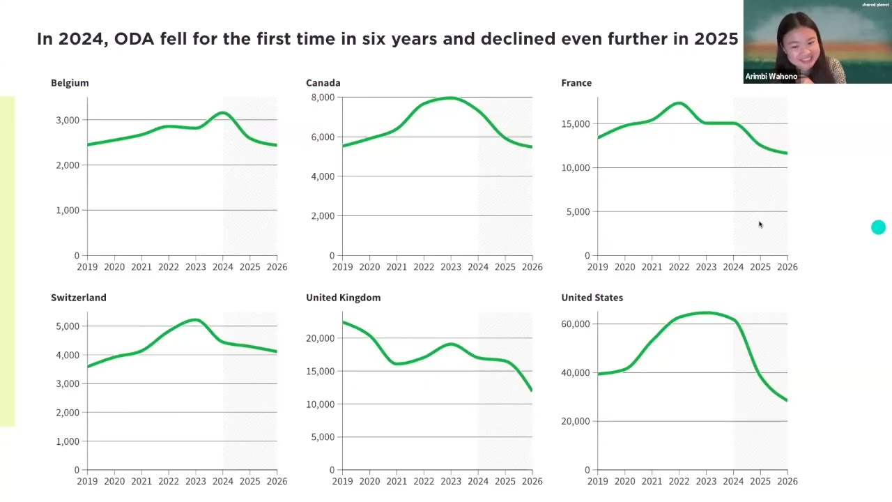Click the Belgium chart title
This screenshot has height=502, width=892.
click(x=70, y=83)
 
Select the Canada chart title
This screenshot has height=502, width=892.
click(x=323, y=83)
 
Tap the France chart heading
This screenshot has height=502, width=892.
click(x=576, y=83)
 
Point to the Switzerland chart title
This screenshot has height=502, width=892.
click(x=79, y=298)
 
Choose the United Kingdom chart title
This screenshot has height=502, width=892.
click(x=344, y=298)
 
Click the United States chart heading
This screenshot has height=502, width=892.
click(x=592, y=298)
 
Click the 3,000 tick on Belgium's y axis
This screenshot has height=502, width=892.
click(x=68, y=120)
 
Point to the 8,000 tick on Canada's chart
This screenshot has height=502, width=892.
click(x=323, y=97)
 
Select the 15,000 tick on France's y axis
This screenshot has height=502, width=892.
click(x=576, y=124)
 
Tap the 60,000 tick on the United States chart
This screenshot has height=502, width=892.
click(x=576, y=324)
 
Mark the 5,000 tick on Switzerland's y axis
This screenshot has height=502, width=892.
click(x=68, y=326)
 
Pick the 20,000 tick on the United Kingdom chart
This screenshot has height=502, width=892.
click(x=320, y=338)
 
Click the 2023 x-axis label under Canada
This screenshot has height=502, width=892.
click(x=451, y=267)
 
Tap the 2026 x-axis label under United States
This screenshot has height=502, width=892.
click(x=787, y=481)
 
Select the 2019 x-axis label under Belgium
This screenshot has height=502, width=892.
click(x=87, y=267)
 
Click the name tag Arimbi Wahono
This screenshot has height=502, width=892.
click(x=771, y=77)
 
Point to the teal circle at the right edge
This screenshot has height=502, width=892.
click(x=878, y=227)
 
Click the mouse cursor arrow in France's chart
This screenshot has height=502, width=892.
click(x=760, y=225)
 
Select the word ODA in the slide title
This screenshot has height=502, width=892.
click(x=134, y=39)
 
